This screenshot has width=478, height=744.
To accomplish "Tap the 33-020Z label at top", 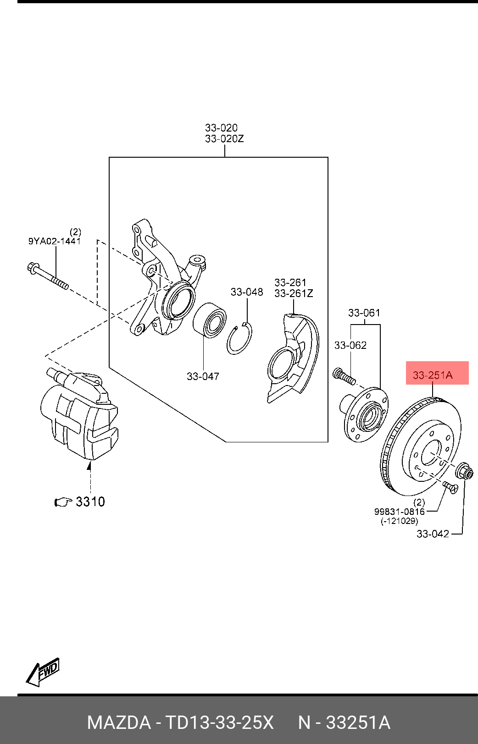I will tap(224, 138).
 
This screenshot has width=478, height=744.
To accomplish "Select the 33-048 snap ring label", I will tap(247, 292).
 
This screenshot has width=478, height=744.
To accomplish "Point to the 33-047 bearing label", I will tap(203, 376).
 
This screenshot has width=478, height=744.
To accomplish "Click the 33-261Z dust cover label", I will tap(294, 293).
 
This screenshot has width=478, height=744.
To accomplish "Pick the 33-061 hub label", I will tap(364, 313).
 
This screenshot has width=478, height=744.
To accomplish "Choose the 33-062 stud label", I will tap(350, 345).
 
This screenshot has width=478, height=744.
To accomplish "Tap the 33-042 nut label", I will tap(433, 534).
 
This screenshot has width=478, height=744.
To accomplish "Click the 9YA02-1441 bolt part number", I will tap(55, 241).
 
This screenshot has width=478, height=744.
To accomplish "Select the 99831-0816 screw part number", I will tap(399, 512).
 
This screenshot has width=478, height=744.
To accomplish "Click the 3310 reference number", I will tap(90, 502).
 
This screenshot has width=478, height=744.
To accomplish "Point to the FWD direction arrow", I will tap(43, 672).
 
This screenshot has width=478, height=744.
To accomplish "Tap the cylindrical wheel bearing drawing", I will tap(209, 320).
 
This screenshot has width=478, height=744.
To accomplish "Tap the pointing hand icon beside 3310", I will tap(63, 502).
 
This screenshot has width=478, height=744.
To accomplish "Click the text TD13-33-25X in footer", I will tap(219, 723).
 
